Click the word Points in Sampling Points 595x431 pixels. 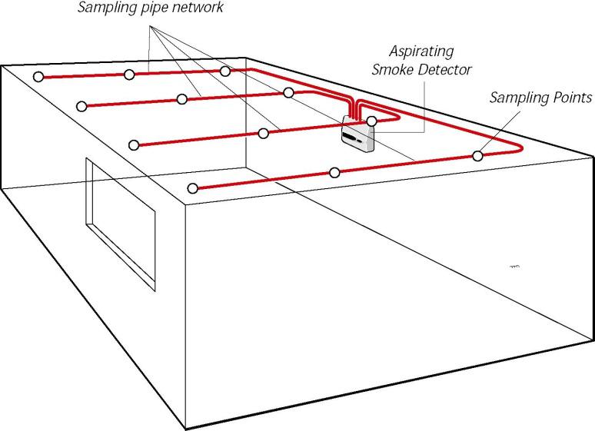click(x=570, y=98)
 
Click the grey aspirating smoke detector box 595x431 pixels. click(x=357, y=135)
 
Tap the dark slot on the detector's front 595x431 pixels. click(x=354, y=138)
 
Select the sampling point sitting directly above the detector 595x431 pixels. click(x=371, y=121)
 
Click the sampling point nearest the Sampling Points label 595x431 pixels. click(x=477, y=156)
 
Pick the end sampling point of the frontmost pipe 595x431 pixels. click(x=192, y=187)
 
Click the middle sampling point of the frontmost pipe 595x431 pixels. click(x=334, y=172)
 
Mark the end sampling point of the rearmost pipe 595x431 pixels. click(x=38, y=76)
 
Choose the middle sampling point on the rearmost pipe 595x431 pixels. click(x=130, y=74)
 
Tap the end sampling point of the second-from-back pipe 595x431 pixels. click(x=80, y=105)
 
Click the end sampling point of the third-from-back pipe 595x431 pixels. click(x=134, y=144)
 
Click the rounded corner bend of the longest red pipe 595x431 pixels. click(x=520, y=145)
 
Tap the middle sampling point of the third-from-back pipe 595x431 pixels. click(x=264, y=133)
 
